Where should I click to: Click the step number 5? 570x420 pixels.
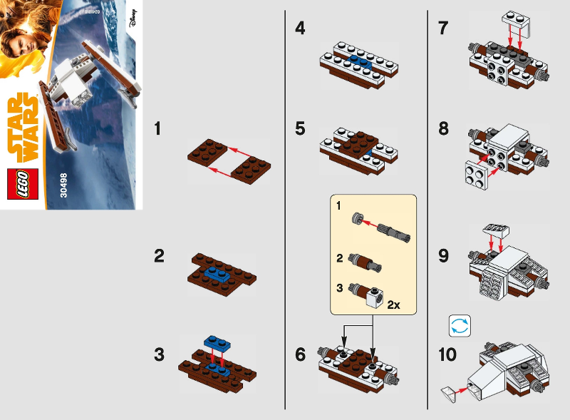tap(301, 129)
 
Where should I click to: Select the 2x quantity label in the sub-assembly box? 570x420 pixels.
tap(393, 304)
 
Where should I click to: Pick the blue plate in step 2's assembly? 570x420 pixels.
tap(214, 272)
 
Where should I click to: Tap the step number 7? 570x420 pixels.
tap(444, 29)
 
